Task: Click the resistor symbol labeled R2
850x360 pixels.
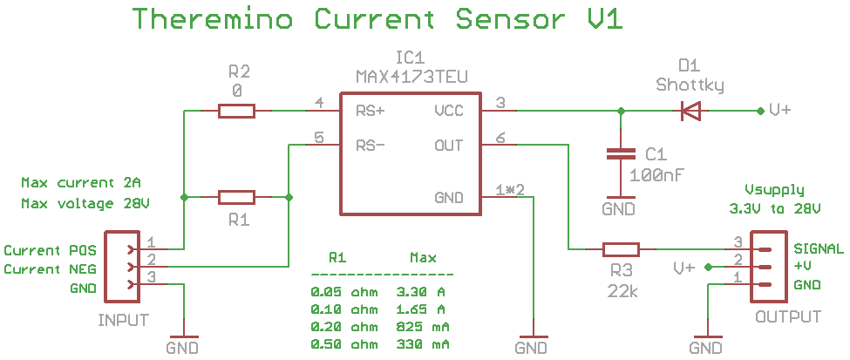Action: pyautogui.click(x=236, y=111)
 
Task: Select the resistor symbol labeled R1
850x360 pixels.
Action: pyautogui.click(x=236, y=198)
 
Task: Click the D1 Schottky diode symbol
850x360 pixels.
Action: pyautogui.click(x=690, y=111)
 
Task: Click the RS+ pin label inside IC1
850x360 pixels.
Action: pyautogui.click(x=371, y=112)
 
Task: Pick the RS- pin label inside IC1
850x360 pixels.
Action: pyautogui.click(x=371, y=146)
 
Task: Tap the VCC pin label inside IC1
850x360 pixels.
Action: pyautogui.click(x=449, y=112)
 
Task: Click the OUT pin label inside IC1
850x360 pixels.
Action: pyautogui.click(x=449, y=146)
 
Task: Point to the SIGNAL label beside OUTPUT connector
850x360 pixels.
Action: pyautogui.click(x=818, y=248)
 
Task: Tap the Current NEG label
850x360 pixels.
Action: pyautogui.click(x=44, y=269)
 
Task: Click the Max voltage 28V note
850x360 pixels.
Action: pyautogui.click(x=85, y=203)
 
